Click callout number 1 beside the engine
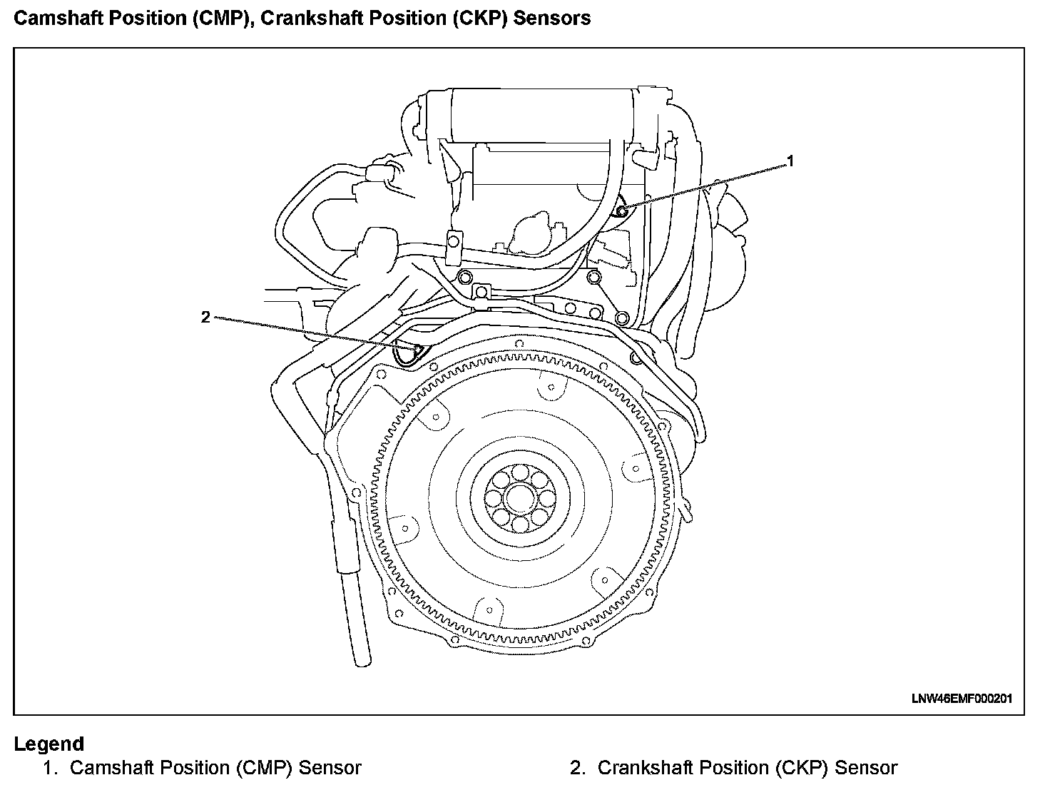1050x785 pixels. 790,162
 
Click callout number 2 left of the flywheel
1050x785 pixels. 205,317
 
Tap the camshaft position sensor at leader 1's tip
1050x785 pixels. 621,209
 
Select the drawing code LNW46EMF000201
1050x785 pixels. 961,699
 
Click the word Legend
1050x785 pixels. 49,744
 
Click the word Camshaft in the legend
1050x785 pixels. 111,768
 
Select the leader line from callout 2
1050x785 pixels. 307,333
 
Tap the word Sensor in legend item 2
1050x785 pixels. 865,768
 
